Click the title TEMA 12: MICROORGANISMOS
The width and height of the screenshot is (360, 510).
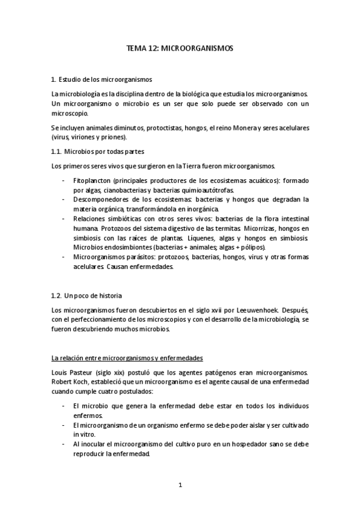(x=180, y=48)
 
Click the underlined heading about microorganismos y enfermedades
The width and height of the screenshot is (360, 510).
(x=127, y=358)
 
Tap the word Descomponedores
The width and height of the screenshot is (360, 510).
(x=102, y=198)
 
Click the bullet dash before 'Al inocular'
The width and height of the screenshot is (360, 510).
(x=63, y=444)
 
